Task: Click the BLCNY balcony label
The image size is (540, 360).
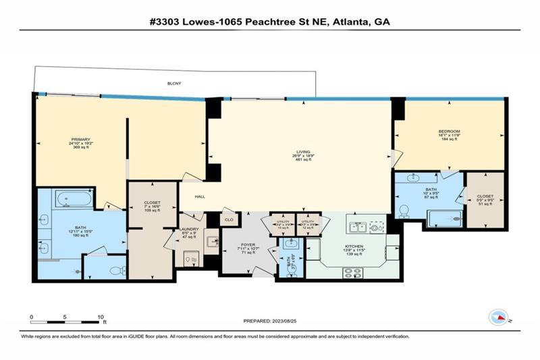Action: [x=174, y=84]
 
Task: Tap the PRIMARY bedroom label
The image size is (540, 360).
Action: [x=80, y=140]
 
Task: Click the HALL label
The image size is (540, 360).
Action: [x=200, y=197]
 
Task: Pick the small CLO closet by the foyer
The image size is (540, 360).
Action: [x=229, y=220]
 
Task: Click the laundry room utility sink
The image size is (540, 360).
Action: [x=211, y=240]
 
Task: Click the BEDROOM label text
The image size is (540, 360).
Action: [x=450, y=131]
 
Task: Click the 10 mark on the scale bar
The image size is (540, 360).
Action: [x=100, y=316]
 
